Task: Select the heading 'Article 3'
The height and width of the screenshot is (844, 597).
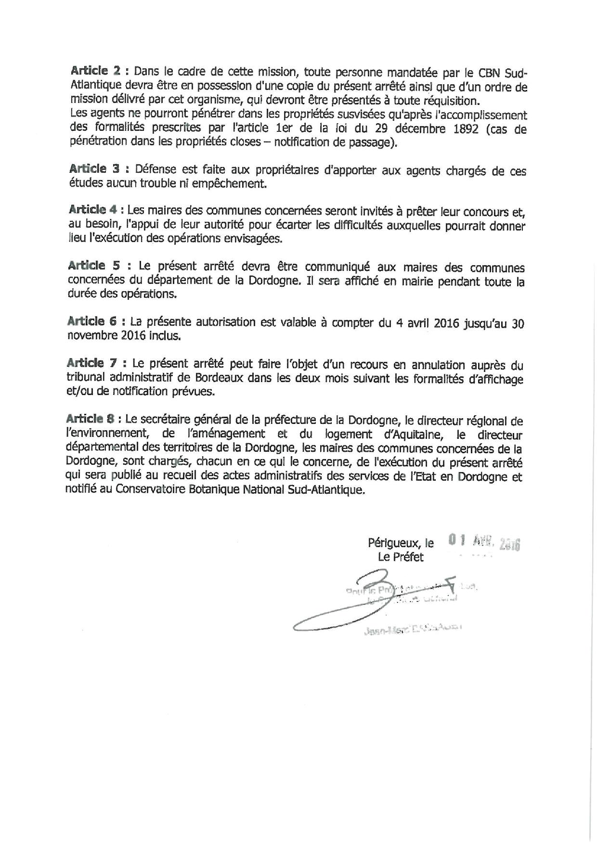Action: click(x=94, y=169)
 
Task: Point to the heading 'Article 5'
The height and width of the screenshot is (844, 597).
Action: click(x=94, y=266)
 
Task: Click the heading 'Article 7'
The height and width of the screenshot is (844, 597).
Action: click(x=94, y=363)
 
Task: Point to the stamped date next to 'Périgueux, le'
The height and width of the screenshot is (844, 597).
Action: click(x=483, y=542)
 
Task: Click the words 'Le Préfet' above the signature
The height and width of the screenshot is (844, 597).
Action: click(x=401, y=557)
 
